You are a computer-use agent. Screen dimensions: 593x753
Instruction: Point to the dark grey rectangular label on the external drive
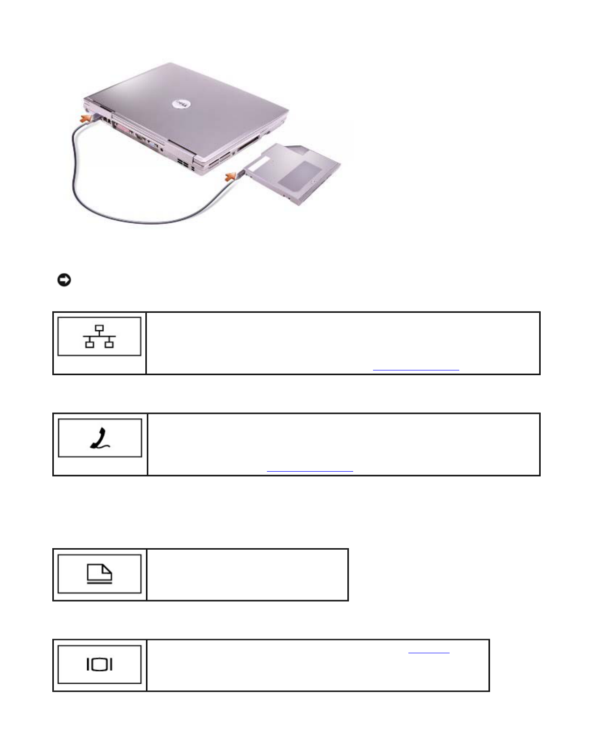(304, 175)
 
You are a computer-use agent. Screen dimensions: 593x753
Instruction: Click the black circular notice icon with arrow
(64, 280)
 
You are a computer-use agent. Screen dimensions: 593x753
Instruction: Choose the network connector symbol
(99, 337)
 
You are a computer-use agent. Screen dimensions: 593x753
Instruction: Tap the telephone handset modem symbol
(100, 438)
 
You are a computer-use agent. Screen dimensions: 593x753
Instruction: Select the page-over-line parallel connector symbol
(99, 574)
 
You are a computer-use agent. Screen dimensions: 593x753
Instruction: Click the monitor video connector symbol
(99, 664)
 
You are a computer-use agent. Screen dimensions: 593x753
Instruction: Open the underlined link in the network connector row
(416, 369)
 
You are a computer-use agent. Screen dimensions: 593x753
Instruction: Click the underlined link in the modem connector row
(310, 470)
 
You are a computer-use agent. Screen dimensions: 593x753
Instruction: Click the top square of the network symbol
(99, 329)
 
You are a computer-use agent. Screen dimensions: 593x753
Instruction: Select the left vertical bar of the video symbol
(89, 664)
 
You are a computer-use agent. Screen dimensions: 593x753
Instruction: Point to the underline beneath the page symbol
(99, 583)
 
